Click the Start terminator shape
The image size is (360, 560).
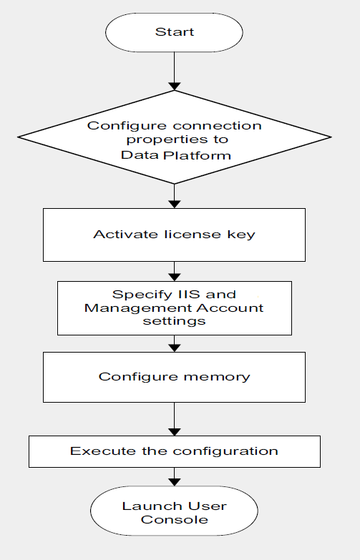tap(174, 33)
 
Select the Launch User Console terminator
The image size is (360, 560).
tap(174, 512)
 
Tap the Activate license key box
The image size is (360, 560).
tap(174, 235)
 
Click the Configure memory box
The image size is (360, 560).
tap(174, 376)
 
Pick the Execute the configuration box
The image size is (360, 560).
tap(174, 451)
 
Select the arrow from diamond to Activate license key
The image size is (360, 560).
tap(174, 195)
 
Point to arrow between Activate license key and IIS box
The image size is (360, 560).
tap(174, 271)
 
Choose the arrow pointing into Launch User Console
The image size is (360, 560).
tap(174, 477)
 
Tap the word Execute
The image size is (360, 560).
tap(94, 451)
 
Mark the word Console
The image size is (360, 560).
tap(174, 520)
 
